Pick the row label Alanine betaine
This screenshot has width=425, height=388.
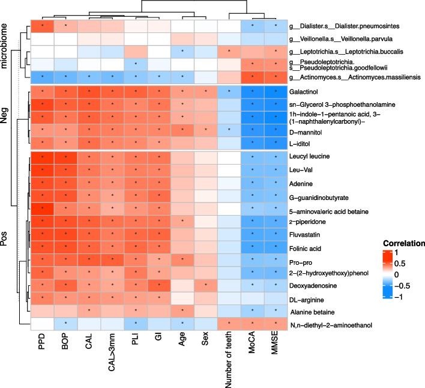click(x=312, y=312)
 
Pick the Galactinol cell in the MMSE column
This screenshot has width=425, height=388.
click(x=276, y=92)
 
